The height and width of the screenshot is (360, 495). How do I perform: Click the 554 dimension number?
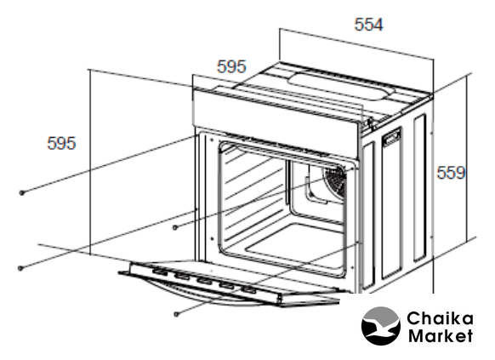coord(368,25)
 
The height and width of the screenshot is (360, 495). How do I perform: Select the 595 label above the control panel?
coord(231,66)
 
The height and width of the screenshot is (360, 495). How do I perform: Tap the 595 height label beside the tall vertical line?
coord(61,143)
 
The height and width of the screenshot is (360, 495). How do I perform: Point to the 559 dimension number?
coord(451,173)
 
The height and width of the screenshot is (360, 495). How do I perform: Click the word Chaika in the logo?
coord(440,318)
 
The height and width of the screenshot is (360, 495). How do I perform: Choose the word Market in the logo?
coord(441,335)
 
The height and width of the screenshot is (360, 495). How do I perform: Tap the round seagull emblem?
coord(381,326)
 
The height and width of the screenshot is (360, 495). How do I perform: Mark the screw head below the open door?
coord(177,314)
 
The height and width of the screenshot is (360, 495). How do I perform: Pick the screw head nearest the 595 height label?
coord(22,192)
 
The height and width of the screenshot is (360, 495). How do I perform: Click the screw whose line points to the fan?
coord(175,227)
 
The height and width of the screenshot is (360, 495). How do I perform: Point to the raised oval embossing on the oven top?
coord(342,87)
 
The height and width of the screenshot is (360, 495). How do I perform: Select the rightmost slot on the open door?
coord(248,289)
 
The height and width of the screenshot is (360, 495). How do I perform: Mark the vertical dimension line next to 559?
coord(467,159)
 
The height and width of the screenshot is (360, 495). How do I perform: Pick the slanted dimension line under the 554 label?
coord(356,43)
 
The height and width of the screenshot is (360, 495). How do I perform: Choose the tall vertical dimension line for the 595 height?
coord(90,162)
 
